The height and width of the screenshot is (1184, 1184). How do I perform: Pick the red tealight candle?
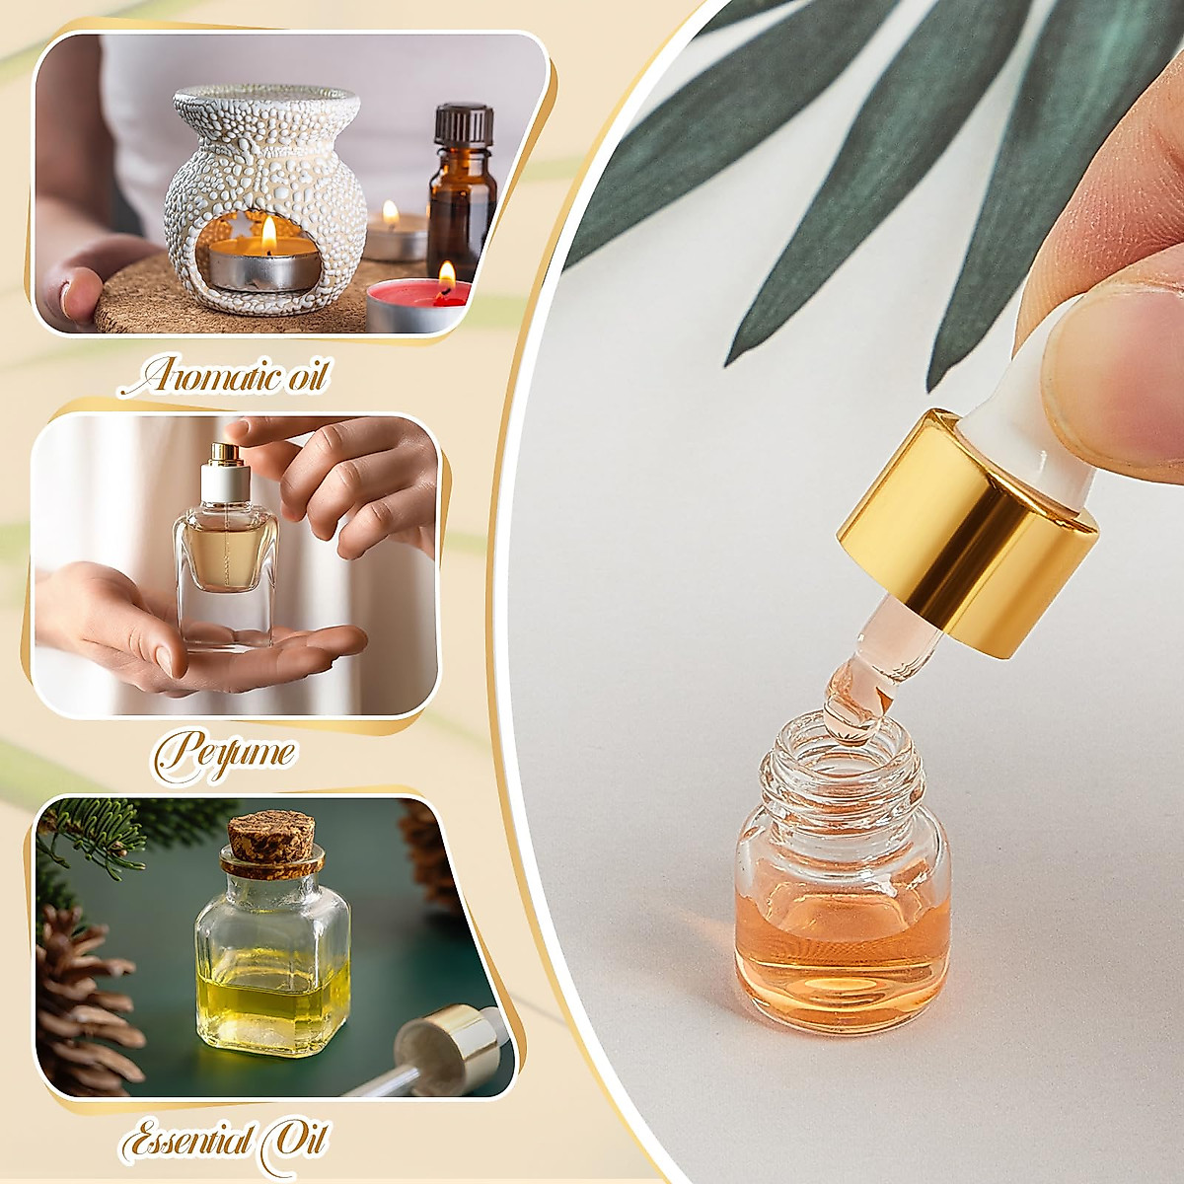(414, 301)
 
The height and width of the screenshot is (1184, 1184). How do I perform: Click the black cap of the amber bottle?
(463, 124)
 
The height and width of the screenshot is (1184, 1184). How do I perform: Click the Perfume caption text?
(225, 752)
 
